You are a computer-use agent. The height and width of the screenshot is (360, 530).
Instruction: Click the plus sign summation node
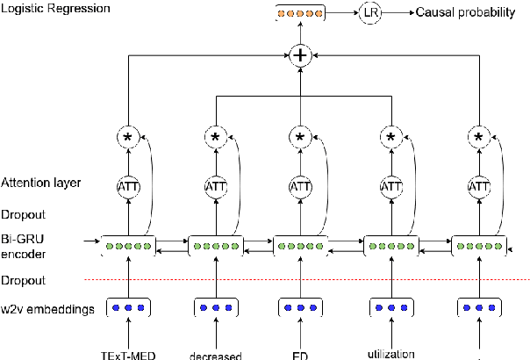tap(301, 55)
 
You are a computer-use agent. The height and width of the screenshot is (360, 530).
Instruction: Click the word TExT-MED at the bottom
tap(128, 355)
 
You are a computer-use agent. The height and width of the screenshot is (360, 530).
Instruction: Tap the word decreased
tap(214, 355)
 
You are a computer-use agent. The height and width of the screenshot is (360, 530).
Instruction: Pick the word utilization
tap(390, 353)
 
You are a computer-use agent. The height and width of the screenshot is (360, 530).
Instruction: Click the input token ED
tap(300, 355)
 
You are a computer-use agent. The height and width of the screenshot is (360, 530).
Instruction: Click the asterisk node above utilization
tap(390, 137)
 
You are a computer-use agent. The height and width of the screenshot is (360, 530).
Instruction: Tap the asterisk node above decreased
tap(215, 137)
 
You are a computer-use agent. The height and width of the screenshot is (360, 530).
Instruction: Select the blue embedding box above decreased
tap(214, 308)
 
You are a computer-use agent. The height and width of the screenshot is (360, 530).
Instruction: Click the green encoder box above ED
tap(301, 244)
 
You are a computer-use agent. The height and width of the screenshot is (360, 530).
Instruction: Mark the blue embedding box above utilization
tap(390, 308)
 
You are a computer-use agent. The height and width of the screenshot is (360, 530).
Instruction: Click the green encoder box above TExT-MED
tap(128, 244)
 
